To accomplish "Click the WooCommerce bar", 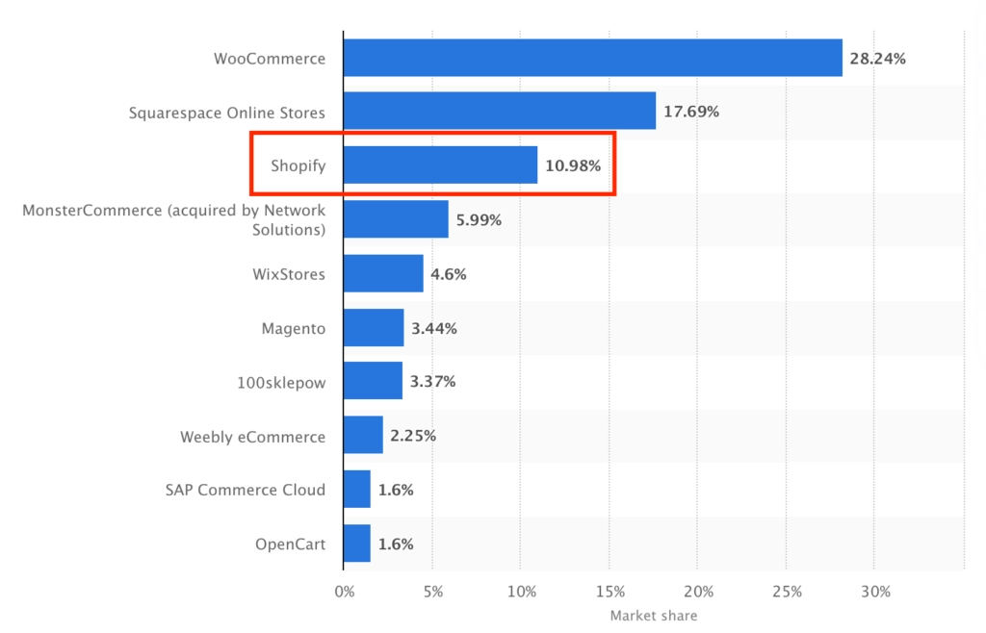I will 592,58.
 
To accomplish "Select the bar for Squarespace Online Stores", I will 499,112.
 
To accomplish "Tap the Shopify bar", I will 440,165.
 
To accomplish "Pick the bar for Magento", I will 374,328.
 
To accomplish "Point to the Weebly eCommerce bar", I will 363,436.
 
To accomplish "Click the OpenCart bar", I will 357,544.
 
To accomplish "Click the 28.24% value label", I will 877,59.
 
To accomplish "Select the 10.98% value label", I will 573,166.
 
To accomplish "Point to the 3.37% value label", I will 432,382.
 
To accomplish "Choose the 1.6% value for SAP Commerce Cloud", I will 396,490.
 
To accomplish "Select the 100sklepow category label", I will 281,382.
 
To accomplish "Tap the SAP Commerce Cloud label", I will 246,490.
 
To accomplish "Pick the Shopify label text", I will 298,165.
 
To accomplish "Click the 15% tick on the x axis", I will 610,591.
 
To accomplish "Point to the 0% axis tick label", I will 344,591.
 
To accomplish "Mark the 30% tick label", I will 875,591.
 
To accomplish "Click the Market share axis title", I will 654,616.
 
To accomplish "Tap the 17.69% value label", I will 690,112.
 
